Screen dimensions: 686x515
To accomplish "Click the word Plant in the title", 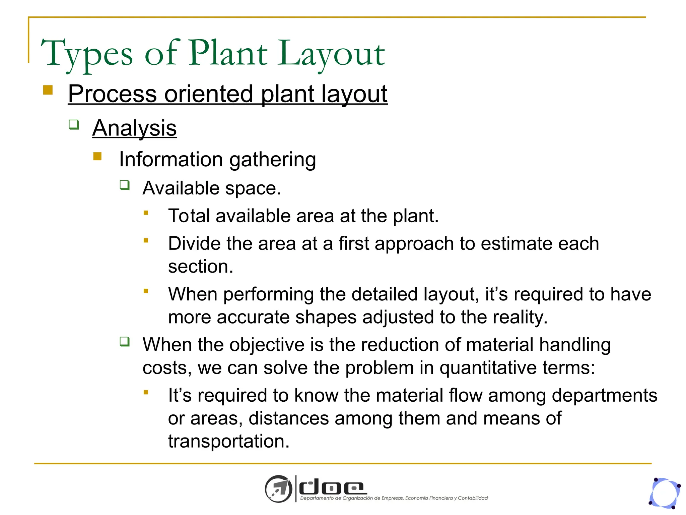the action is [x=228, y=54].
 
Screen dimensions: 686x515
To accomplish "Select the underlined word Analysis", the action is [x=134, y=128].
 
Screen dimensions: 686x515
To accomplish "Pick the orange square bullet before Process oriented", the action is [x=48, y=90].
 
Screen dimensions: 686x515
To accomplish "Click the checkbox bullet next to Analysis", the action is [x=74, y=125].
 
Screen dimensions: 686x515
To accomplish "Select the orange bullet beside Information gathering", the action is [x=97, y=157].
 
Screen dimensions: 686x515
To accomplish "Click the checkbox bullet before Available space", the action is [x=125, y=185].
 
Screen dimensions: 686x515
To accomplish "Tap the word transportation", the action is [x=228, y=442].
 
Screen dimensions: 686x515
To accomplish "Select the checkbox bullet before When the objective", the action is [x=125, y=342].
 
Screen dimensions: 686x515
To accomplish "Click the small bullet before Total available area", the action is [x=146, y=213].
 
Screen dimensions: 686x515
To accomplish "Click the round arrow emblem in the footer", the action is [x=278, y=489].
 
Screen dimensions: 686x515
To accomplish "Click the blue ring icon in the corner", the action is [x=665, y=493].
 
